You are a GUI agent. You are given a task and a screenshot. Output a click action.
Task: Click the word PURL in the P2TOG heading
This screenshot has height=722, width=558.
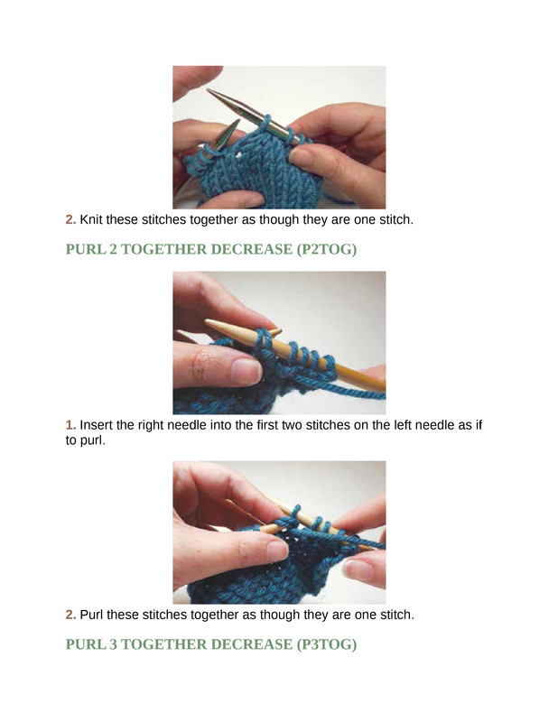(x=85, y=249)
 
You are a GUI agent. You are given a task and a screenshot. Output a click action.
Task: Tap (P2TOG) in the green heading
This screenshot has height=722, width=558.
(x=327, y=249)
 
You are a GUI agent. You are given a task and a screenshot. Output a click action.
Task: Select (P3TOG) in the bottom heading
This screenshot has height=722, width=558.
(x=327, y=644)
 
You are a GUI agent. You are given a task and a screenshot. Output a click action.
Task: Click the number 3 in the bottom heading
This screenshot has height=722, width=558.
(x=114, y=644)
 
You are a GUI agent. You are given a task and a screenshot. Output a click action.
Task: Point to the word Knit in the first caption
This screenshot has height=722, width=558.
(x=91, y=219)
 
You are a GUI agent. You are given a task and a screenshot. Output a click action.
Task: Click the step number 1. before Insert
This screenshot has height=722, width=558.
(x=70, y=425)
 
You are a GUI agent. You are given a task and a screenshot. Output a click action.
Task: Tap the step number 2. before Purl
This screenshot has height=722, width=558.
(x=70, y=615)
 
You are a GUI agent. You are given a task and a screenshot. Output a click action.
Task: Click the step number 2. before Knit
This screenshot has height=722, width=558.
(x=70, y=219)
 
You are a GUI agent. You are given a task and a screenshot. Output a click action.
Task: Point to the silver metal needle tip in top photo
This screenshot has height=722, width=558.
(x=210, y=92)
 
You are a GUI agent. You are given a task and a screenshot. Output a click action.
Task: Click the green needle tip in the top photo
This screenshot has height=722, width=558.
(x=237, y=122)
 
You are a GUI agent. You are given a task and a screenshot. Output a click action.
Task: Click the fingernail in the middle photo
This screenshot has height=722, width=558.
(x=246, y=372)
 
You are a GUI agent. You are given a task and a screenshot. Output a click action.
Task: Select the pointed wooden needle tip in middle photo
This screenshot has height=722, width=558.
(x=210, y=324)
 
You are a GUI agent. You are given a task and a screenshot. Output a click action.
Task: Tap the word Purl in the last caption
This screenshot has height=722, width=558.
(x=91, y=615)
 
